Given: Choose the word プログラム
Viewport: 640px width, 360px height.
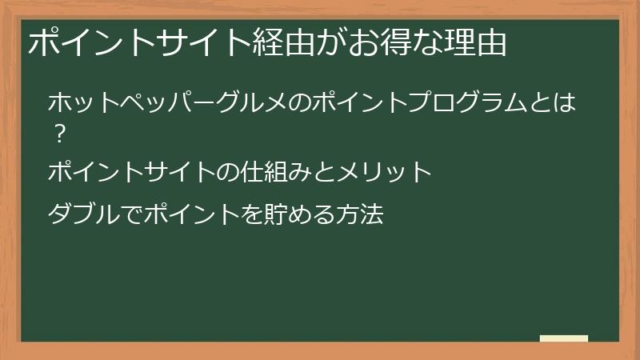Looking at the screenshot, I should (477, 103).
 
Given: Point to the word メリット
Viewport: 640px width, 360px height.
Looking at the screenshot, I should (386, 171).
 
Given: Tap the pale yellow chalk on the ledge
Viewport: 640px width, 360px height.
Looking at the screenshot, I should (564, 339).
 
